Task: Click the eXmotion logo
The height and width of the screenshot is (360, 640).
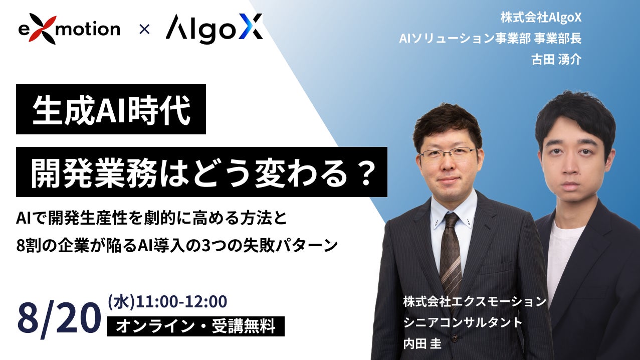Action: (x=69, y=29)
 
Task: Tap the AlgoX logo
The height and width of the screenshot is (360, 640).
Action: (x=214, y=29)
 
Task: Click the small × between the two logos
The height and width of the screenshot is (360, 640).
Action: (x=144, y=30)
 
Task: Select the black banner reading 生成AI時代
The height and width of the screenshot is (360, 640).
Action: (x=111, y=109)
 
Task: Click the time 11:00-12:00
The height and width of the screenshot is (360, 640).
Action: (x=181, y=302)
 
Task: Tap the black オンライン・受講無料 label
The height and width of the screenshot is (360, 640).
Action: (x=196, y=326)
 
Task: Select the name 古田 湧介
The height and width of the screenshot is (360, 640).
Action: (x=556, y=60)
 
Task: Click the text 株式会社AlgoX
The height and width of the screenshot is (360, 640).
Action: (x=541, y=18)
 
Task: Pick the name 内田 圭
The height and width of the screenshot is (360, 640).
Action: (x=422, y=343)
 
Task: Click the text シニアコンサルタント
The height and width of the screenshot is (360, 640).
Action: (x=463, y=322)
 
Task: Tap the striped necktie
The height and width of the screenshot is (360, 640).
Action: (x=451, y=255)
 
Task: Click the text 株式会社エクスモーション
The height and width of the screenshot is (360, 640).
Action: (x=475, y=301)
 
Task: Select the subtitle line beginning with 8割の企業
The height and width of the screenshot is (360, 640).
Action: (x=177, y=245)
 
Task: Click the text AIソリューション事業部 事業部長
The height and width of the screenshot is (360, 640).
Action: (x=490, y=38)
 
